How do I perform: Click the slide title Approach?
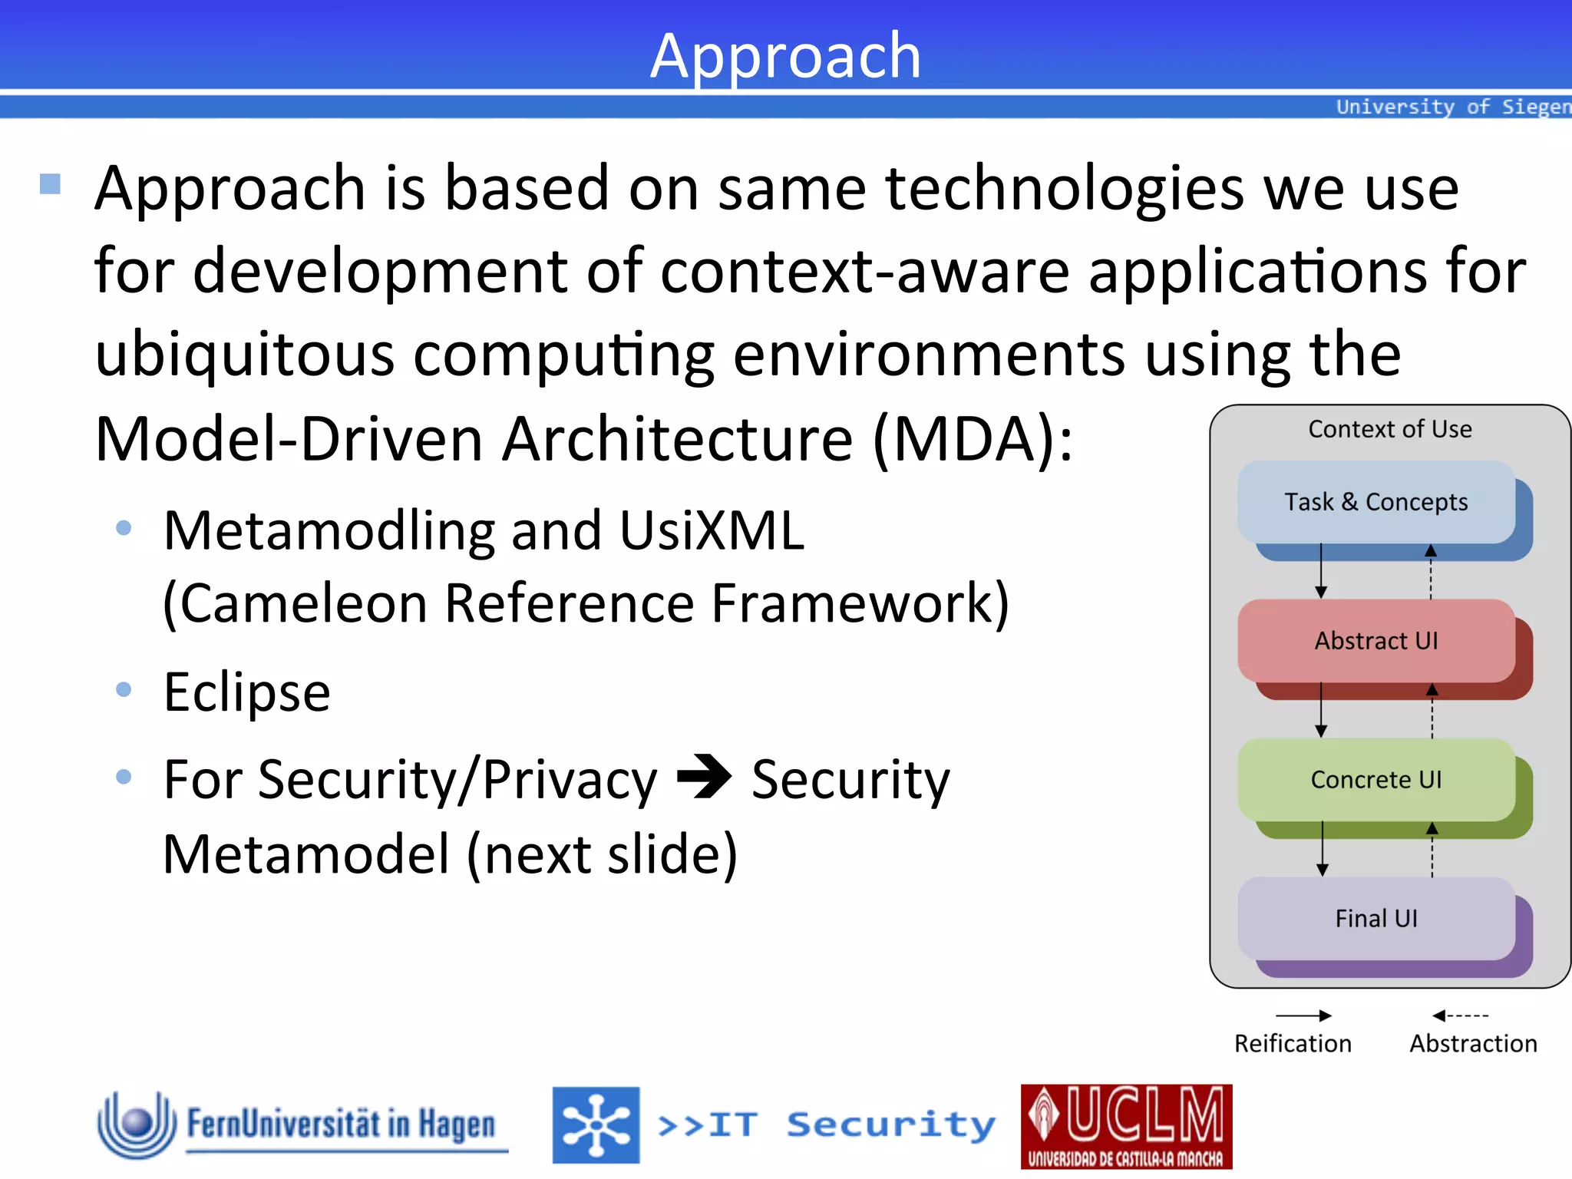(x=785, y=55)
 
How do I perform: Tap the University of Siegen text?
(x=1452, y=107)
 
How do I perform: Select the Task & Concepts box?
(x=1375, y=502)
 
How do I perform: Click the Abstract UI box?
(x=1375, y=641)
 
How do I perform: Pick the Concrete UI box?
(x=1375, y=780)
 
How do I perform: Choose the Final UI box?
(x=1375, y=919)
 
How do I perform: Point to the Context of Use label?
(x=1389, y=429)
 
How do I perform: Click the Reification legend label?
(x=1293, y=1044)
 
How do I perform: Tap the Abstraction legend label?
(x=1473, y=1044)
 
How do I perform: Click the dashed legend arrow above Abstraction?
(x=1460, y=1016)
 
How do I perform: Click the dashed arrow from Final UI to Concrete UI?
(x=1432, y=850)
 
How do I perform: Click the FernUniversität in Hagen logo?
(x=302, y=1125)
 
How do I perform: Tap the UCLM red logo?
(x=1126, y=1126)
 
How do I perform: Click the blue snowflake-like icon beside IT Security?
(x=596, y=1125)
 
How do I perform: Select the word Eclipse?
(x=247, y=692)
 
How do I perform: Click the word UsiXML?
(x=712, y=530)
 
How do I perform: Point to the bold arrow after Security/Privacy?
(x=704, y=778)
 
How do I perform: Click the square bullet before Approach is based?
(x=50, y=183)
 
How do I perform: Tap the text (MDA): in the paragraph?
(x=973, y=439)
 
